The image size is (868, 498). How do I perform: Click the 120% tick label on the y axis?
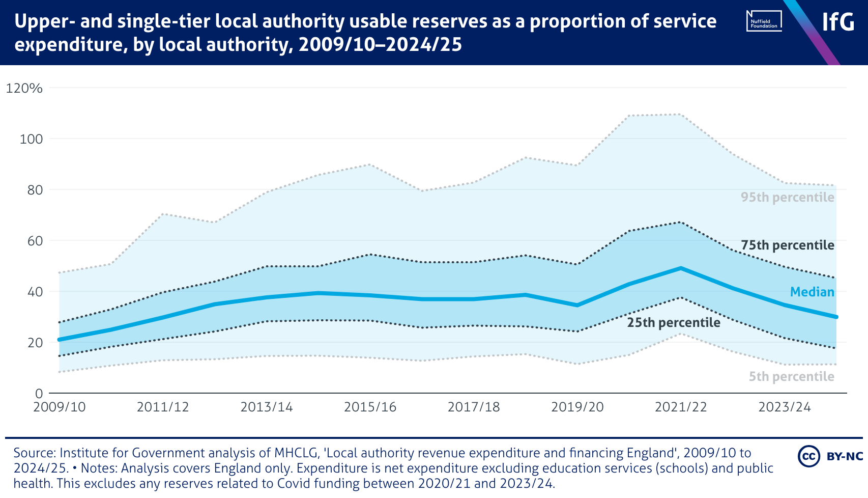coord(24,88)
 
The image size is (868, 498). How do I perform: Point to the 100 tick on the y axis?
coord(31,139)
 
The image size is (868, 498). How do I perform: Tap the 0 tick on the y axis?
coord(39,393)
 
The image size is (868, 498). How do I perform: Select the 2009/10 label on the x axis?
coord(60,407)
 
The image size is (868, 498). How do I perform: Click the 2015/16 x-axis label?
coord(370,407)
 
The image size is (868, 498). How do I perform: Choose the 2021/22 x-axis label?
coord(681,407)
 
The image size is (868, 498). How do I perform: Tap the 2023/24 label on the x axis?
coord(785,407)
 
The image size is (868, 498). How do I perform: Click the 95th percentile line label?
coord(787,198)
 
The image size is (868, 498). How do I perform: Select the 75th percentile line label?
coord(787,245)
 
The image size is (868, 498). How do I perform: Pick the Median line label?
coord(812,292)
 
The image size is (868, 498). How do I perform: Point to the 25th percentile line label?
coord(674,323)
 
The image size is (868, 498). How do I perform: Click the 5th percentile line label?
coord(791,377)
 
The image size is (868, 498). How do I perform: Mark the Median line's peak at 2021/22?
coord(681,268)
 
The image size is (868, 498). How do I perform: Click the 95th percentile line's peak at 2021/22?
coord(681,115)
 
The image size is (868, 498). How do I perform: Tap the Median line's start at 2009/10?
coord(60,340)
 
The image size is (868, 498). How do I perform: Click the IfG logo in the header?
coord(838,22)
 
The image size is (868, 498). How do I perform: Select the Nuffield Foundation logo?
coord(764,21)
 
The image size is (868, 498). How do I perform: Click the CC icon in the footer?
coord(808,456)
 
